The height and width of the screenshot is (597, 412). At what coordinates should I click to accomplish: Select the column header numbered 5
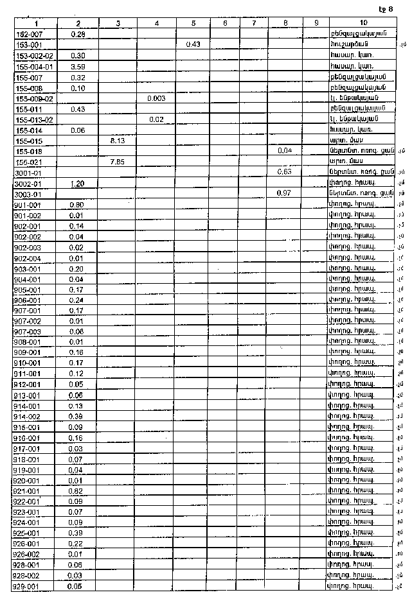(x=193, y=23)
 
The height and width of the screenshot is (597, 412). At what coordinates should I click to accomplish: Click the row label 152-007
(x=29, y=33)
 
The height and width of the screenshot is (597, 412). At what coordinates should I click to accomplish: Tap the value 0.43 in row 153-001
(x=193, y=44)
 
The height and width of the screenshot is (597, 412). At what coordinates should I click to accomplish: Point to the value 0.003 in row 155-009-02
(x=156, y=98)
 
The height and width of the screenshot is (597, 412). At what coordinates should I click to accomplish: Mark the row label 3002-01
(x=28, y=183)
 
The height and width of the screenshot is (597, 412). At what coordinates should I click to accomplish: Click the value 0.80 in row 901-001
(x=77, y=204)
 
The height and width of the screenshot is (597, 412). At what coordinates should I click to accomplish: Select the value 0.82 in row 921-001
(x=77, y=491)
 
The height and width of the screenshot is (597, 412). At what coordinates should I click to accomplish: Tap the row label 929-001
(x=27, y=587)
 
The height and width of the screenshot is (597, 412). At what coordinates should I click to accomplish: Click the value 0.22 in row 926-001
(x=77, y=544)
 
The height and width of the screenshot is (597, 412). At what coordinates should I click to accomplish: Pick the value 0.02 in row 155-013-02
(x=155, y=119)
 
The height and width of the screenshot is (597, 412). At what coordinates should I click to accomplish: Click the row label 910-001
(x=27, y=363)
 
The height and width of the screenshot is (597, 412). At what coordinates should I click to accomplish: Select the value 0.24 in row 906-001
(x=77, y=300)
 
